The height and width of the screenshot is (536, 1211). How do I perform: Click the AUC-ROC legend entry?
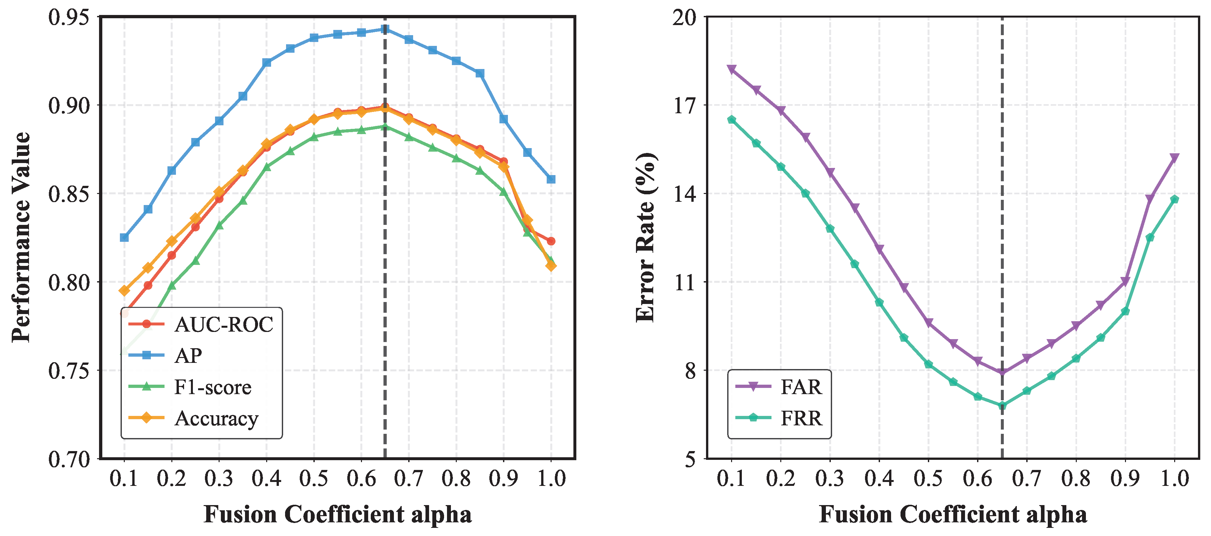pyautogui.click(x=223, y=324)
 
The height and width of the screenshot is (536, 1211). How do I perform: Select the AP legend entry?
pyautogui.click(x=188, y=356)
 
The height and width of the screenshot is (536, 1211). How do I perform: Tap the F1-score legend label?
pyautogui.click(x=212, y=387)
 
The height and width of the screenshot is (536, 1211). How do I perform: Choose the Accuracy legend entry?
pyautogui.click(x=216, y=418)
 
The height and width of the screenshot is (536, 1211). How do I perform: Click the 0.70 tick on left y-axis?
pyautogui.click(x=69, y=459)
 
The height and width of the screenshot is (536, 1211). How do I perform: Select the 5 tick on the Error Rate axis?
pyautogui.click(x=690, y=459)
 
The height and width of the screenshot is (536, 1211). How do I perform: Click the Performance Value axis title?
pyautogui.click(x=21, y=237)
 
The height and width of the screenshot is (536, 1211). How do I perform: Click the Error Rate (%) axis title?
pyautogui.click(x=646, y=237)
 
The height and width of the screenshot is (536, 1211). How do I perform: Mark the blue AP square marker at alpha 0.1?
pyautogui.click(x=124, y=238)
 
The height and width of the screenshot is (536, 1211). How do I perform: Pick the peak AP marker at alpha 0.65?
pyautogui.click(x=385, y=29)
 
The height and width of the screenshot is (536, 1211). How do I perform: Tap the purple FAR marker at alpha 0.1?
pyautogui.click(x=731, y=70)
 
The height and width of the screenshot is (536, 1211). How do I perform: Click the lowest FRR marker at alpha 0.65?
pyautogui.click(x=1002, y=405)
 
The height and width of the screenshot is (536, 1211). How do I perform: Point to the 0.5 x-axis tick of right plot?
pyautogui.click(x=929, y=478)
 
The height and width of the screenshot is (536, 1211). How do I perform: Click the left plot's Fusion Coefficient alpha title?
pyautogui.click(x=338, y=515)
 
